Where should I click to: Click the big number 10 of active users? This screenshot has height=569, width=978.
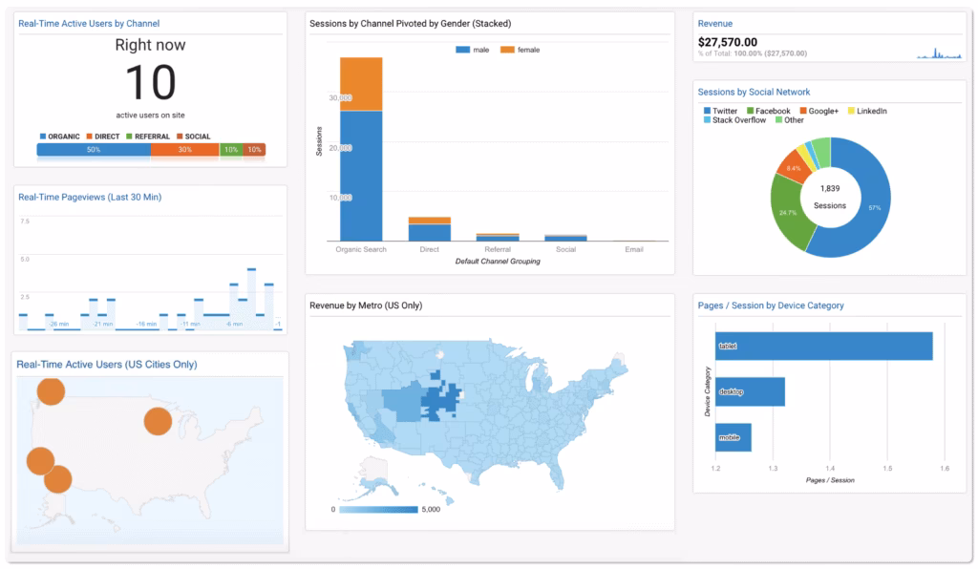150,82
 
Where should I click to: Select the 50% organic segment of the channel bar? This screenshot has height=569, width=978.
93,150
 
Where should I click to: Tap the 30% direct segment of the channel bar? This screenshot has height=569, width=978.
184,150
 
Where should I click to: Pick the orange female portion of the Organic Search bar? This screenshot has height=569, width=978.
361,84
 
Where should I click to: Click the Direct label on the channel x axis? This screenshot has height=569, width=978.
430,249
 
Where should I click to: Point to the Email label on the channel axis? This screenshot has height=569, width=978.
634,249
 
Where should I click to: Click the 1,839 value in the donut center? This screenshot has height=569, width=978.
830,189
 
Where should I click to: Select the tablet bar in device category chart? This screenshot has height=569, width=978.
823,346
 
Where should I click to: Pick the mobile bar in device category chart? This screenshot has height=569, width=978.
733,437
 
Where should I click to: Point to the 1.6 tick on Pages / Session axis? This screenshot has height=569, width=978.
945,469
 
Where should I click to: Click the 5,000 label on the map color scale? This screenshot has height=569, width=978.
431,509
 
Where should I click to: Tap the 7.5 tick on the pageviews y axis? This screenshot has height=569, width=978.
25,221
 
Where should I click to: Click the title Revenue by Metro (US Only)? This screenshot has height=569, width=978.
366,306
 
